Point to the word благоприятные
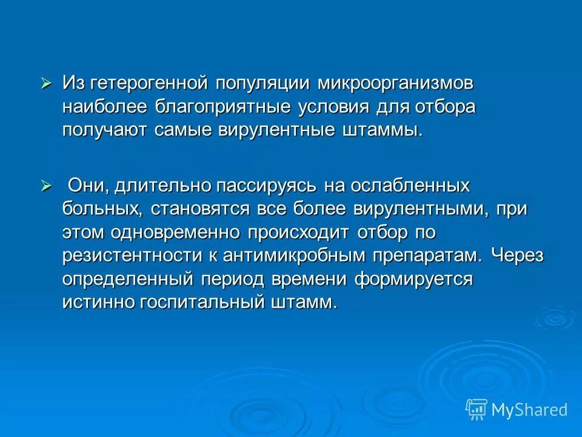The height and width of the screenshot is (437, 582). [221, 107]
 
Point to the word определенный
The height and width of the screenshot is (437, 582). [127, 279]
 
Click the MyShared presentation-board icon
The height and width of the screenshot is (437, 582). [476, 410]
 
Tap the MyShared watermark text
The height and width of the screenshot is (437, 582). [529, 410]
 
